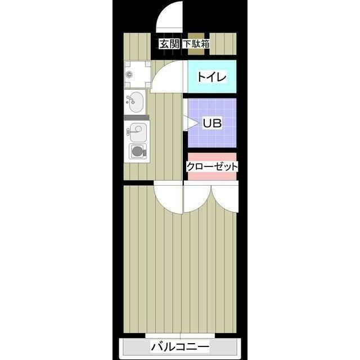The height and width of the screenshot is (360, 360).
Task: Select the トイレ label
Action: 211,77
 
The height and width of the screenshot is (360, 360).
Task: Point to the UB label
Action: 211,123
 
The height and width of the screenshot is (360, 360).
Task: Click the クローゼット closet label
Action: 211,166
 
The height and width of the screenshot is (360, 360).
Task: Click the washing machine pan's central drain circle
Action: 130,74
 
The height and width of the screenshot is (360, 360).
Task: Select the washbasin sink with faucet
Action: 134,102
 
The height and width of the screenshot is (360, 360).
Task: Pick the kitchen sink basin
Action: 136,132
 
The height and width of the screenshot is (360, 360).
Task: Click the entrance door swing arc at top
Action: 170,17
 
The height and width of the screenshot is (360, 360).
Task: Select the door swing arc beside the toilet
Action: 167,76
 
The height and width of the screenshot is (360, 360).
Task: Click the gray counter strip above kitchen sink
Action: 137,117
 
